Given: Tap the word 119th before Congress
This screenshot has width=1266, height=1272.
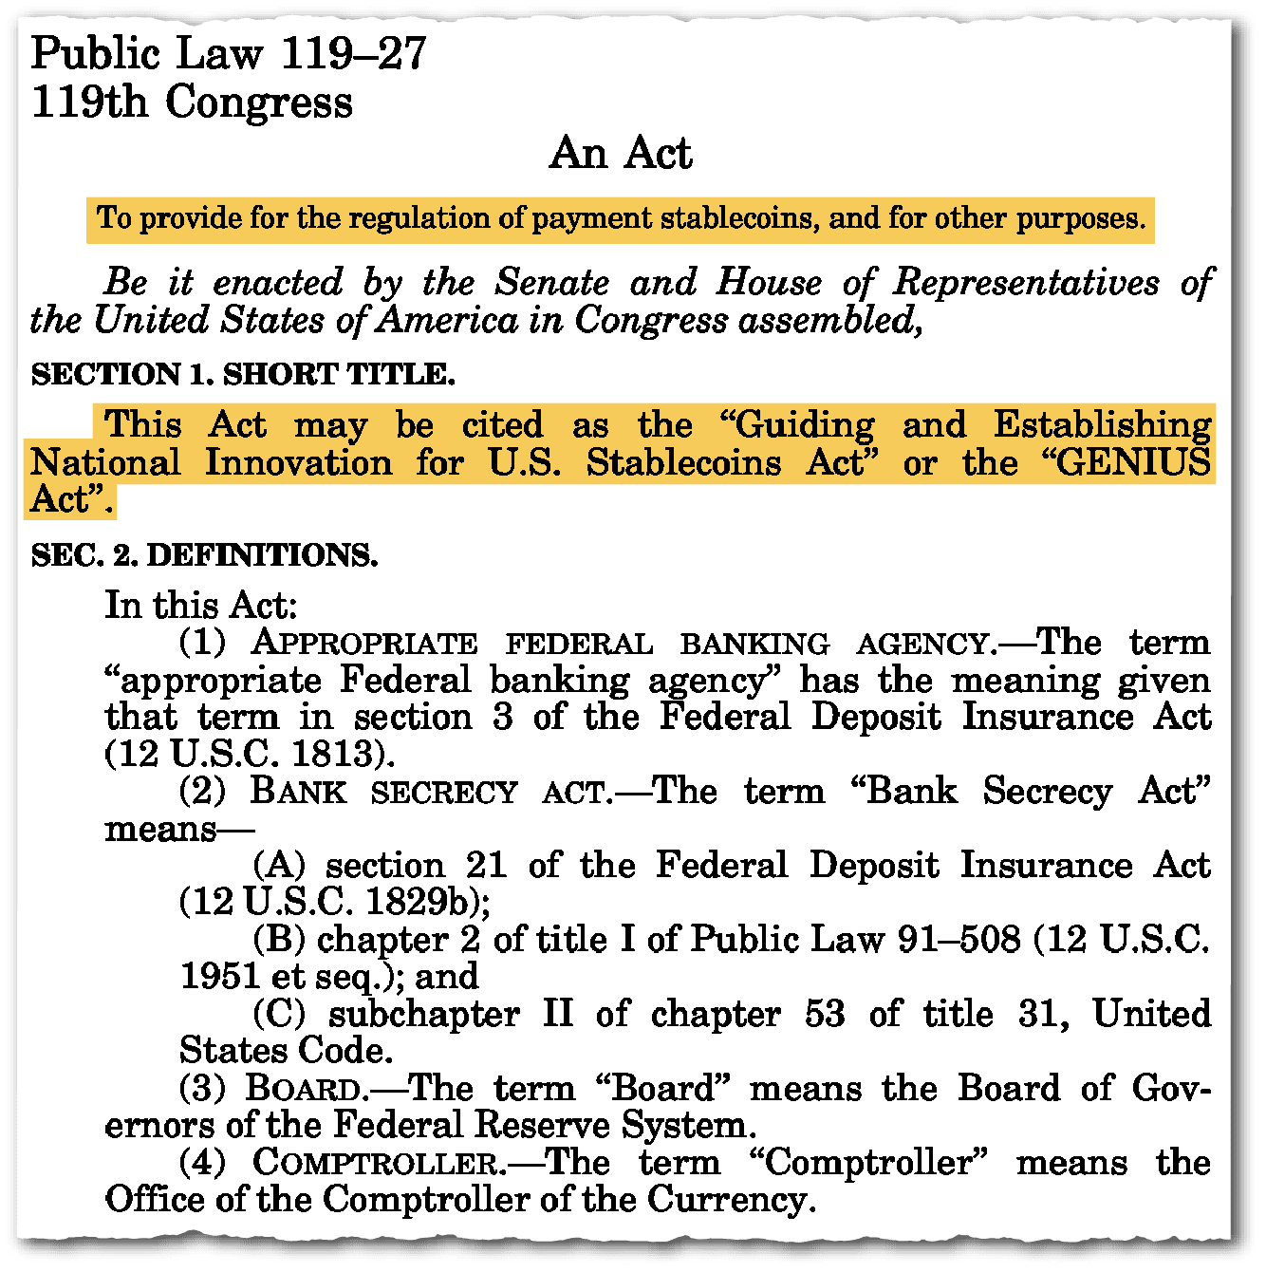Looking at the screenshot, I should tap(89, 102).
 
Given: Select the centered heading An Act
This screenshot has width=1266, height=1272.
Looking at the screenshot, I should tap(622, 153).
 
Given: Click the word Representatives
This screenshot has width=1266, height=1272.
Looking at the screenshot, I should tap(1026, 282).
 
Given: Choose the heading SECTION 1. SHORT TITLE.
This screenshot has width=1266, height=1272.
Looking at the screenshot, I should tap(243, 374).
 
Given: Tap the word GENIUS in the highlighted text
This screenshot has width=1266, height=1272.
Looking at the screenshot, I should tap(1134, 462).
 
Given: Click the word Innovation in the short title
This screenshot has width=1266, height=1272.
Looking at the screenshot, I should tap(299, 462).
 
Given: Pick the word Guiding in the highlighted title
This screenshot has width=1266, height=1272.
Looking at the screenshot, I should tap(805, 425).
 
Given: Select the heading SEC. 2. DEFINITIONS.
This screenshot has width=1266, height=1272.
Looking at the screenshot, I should tap(204, 554).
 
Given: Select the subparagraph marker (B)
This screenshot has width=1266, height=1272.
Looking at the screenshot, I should tap(279, 939).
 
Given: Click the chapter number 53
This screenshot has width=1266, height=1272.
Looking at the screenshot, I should tap(825, 1014).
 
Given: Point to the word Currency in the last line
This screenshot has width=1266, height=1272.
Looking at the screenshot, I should tap(730, 1199).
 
